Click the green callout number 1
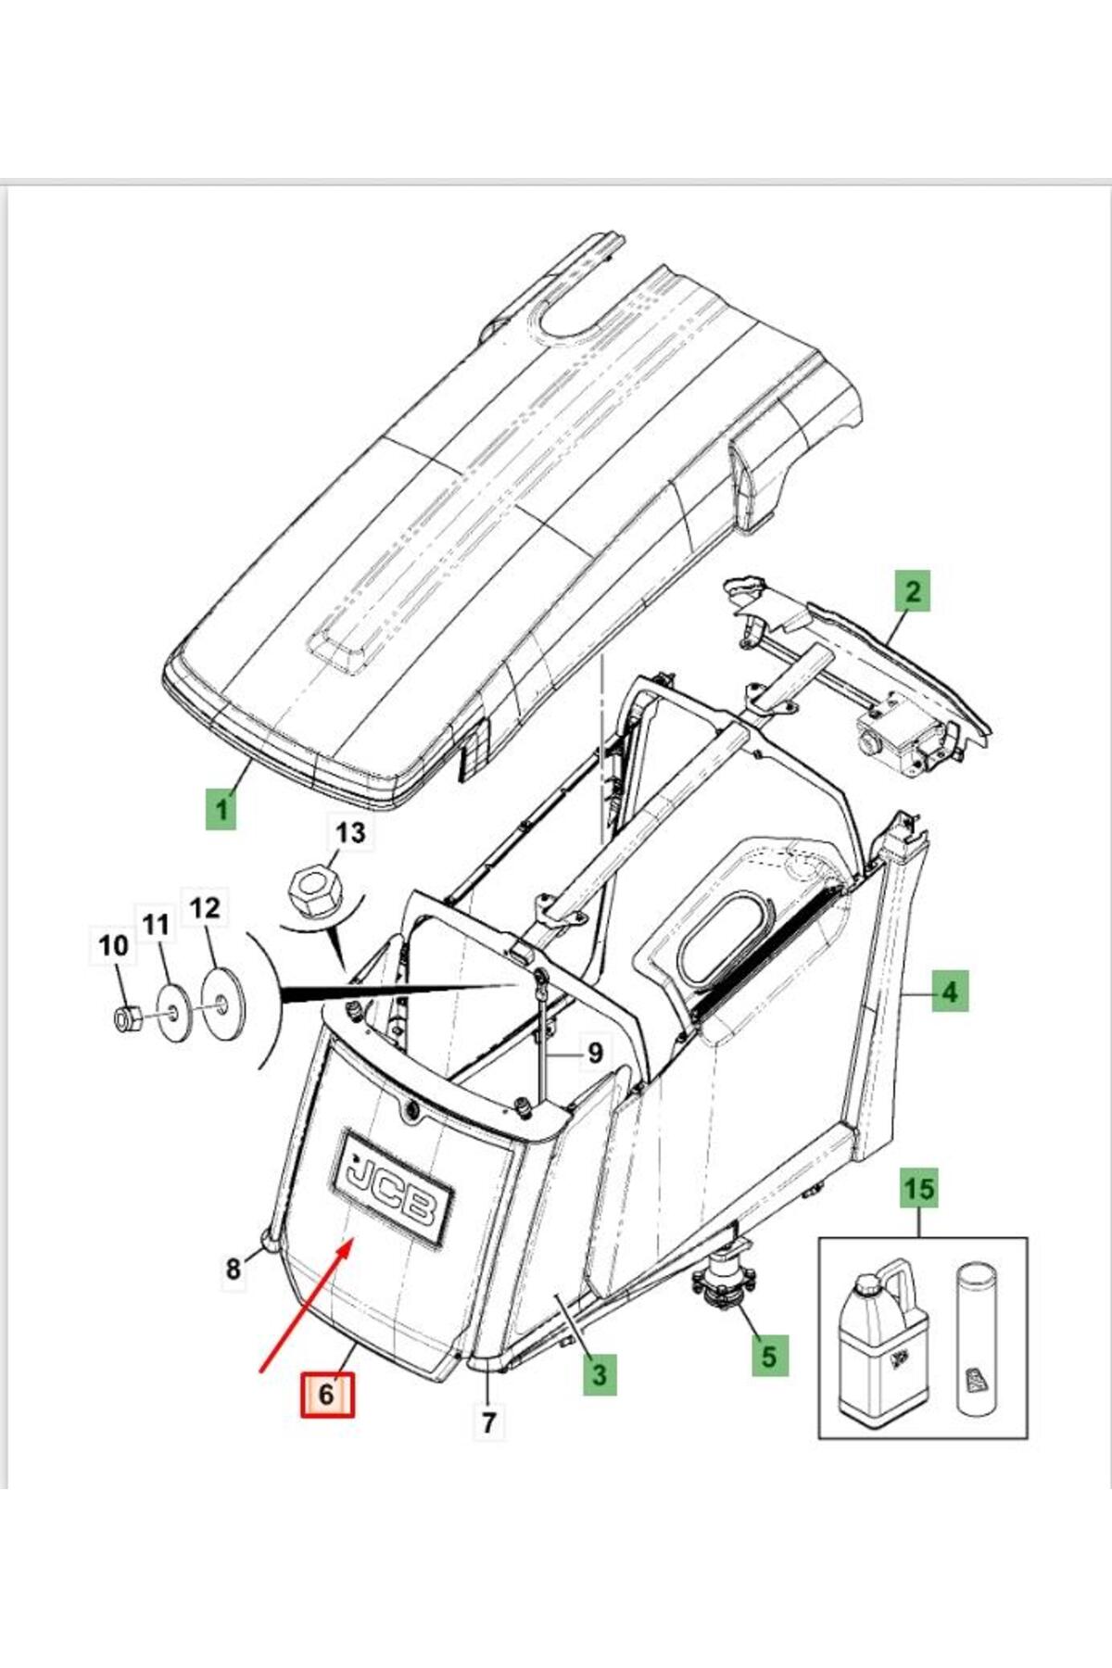click(221, 810)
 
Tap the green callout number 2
click(913, 590)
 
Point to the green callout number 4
click(949, 992)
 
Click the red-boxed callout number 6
click(326, 1394)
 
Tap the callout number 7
click(488, 1421)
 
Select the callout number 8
click(234, 1269)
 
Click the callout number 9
click(594, 1053)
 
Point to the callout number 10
click(113, 946)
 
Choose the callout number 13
click(350, 832)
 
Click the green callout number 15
click(919, 1188)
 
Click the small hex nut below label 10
click(125, 1019)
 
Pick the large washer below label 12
click(221, 1005)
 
